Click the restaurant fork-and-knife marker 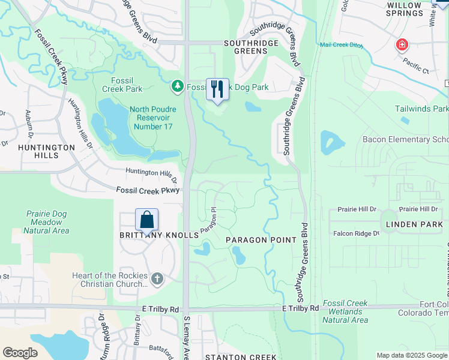click(217, 89)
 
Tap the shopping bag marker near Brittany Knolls click(147, 220)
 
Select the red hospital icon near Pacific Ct click(402, 45)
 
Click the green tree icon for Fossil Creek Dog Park click(177, 87)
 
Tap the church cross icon click(157, 278)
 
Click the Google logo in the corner click(20, 353)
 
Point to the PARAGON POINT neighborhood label click(261, 240)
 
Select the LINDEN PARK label click(414, 224)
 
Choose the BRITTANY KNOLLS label click(158, 236)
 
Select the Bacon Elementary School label click(405, 139)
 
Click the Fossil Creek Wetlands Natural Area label click(345, 311)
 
